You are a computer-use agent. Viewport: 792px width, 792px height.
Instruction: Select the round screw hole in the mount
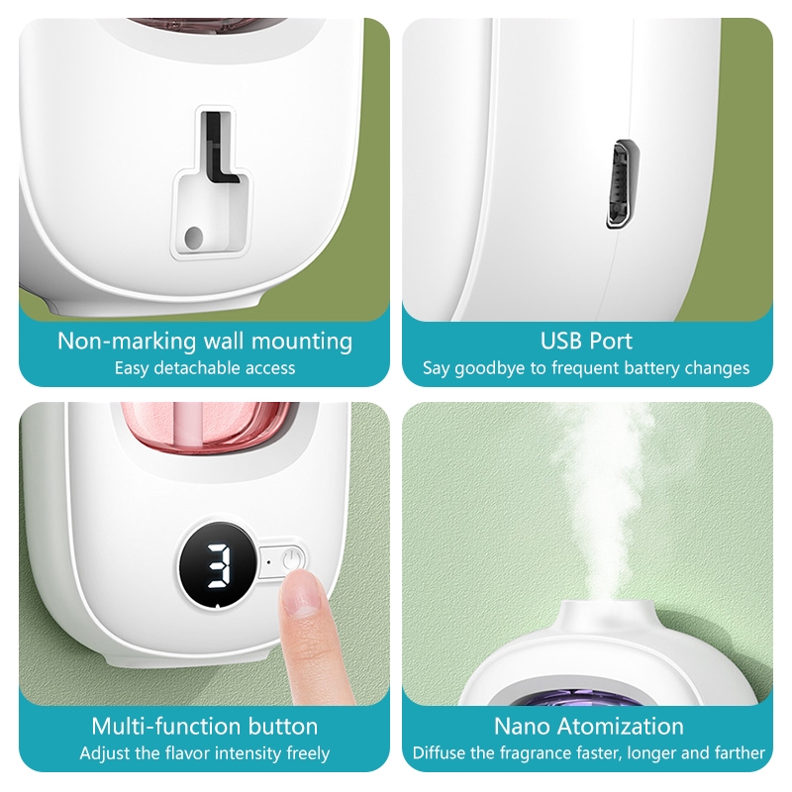(193, 237)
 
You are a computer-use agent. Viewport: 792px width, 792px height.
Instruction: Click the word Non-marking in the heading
(127, 341)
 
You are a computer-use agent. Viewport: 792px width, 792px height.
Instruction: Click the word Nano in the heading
(522, 727)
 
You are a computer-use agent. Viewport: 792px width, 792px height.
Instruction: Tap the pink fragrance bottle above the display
(210, 427)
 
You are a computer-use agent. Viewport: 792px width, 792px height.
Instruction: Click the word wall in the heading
(224, 341)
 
